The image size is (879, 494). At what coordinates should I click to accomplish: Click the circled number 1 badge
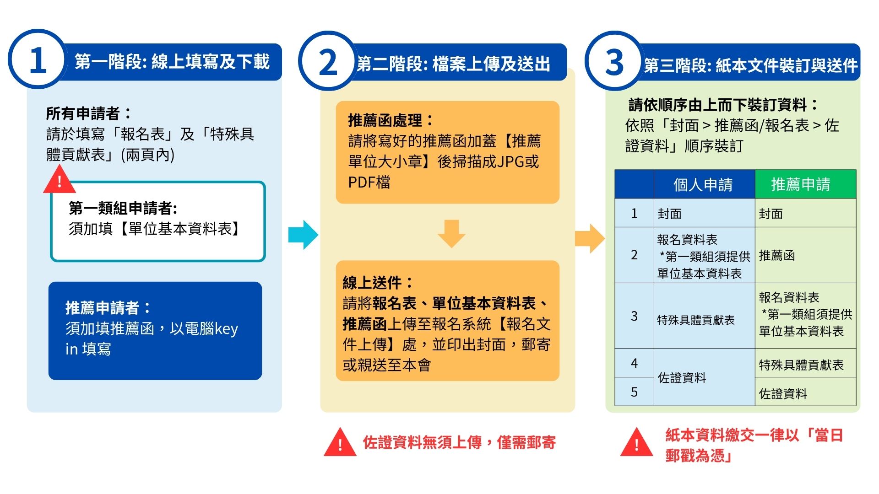(38, 59)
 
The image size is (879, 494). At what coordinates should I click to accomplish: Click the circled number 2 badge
(328, 62)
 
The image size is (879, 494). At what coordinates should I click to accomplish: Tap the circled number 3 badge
(614, 61)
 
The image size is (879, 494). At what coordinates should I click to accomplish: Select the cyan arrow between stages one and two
(303, 235)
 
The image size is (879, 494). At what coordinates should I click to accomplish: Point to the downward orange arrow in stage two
(451, 233)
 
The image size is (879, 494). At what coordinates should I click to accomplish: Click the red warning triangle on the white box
(59, 181)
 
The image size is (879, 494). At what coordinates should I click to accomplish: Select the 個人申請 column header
(703, 184)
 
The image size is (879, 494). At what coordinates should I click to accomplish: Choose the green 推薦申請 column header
(801, 184)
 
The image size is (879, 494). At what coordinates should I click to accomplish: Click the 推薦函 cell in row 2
(777, 255)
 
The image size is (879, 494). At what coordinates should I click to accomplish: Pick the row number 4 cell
(634, 363)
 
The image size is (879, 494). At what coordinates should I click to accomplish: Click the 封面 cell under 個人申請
(670, 214)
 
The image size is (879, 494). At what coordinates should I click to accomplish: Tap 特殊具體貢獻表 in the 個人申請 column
(696, 320)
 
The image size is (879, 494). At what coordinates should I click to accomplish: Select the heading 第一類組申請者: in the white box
(123, 209)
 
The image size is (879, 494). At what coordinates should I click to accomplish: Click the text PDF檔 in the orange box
(369, 183)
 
